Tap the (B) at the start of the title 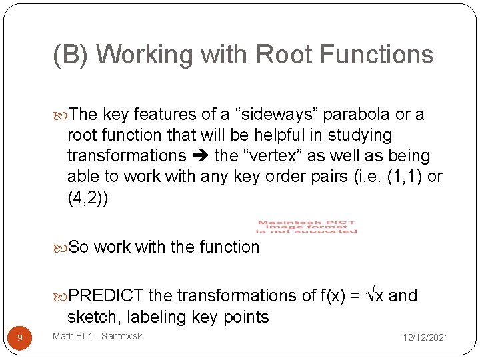click(x=72, y=55)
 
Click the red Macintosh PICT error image click(x=307, y=227)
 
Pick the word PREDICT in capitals click(x=107, y=295)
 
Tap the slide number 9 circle click(x=20, y=338)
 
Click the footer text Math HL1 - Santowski click(x=99, y=336)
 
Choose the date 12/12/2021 click(x=425, y=338)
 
